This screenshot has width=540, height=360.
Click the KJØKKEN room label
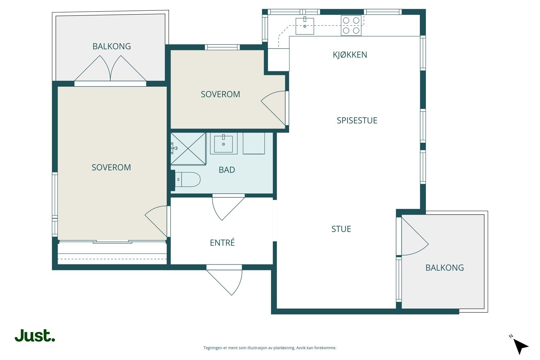click(350, 55)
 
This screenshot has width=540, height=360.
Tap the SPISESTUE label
click(357, 120)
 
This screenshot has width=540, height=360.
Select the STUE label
click(341, 229)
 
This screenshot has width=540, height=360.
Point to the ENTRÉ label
click(222, 242)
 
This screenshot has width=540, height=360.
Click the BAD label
click(226, 170)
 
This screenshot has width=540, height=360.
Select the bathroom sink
click(223, 144)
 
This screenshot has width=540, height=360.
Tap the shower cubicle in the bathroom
click(188, 149)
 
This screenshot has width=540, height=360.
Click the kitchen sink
click(305, 26)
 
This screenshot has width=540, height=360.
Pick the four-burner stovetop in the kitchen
click(351, 25)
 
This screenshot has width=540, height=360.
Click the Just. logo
click(35, 335)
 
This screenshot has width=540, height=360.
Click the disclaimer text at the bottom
click(270, 348)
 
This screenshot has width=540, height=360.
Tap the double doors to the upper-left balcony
click(110, 68)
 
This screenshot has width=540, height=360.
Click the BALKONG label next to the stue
click(444, 268)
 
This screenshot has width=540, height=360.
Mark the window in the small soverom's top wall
click(222, 47)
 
